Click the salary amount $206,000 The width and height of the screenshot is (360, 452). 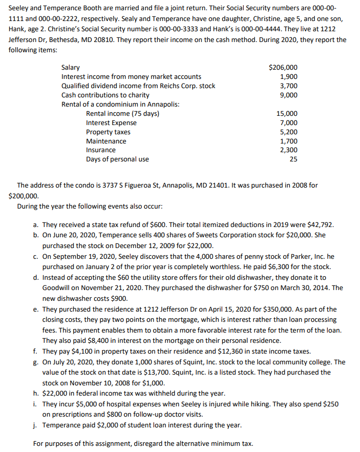tap(283, 68)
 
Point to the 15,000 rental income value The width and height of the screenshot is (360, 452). tap(286, 114)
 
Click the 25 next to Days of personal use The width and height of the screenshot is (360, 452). tap(293, 159)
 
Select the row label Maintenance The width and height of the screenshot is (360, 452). tap(106, 141)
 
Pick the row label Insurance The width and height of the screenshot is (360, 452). tap(101, 150)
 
